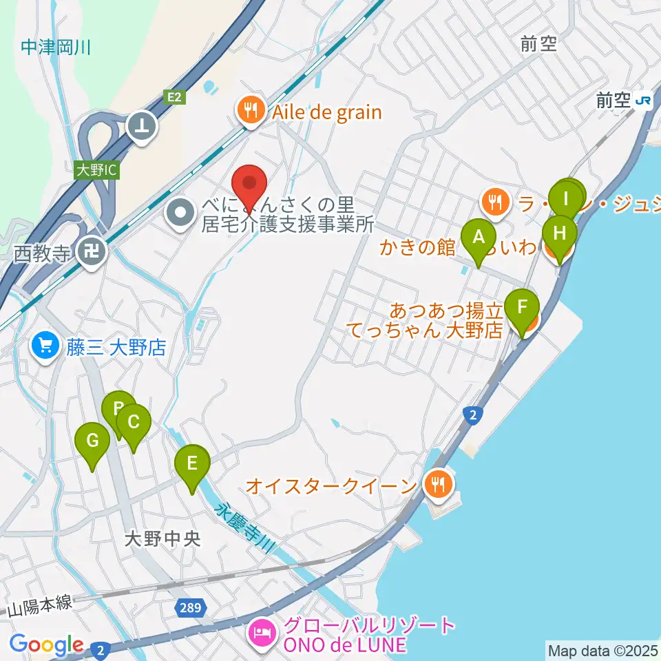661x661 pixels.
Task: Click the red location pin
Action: pyautogui.click(x=249, y=185)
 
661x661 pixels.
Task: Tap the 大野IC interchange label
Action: pyautogui.click(x=96, y=169)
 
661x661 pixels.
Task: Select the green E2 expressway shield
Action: pyautogui.click(x=176, y=98)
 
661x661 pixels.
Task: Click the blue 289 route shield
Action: pyautogui.click(x=193, y=607)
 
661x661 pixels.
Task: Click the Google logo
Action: pyautogui.click(x=47, y=644)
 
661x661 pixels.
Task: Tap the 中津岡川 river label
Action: pyautogui.click(x=56, y=48)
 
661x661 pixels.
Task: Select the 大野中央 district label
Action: pyautogui.click(x=162, y=538)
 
